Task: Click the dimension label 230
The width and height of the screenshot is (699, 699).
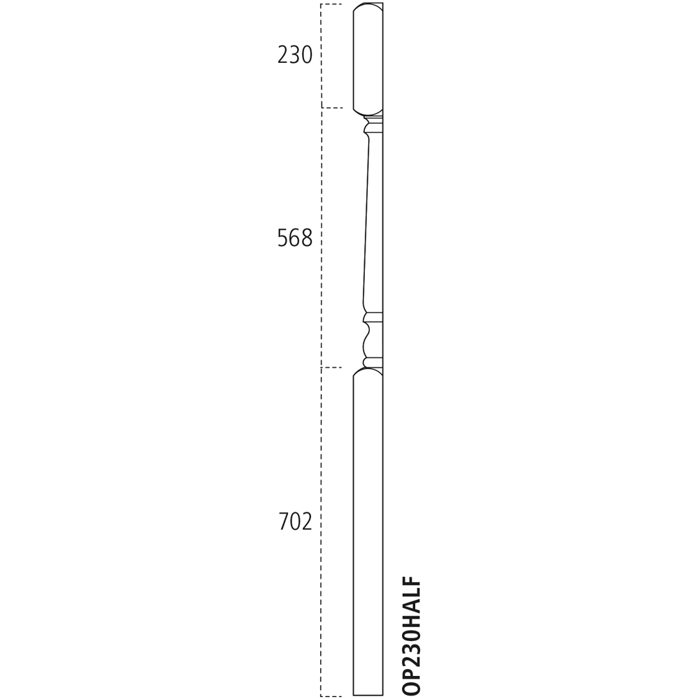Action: tap(294, 55)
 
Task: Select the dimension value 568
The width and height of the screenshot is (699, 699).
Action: tap(294, 239)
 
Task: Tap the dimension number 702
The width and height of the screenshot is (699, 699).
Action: tap(295, 522)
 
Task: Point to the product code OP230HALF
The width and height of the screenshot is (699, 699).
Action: tap(412, 635)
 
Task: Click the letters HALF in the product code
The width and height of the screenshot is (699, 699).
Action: tap(412, 602)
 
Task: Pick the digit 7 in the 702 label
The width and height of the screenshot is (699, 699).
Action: tap(284, 522)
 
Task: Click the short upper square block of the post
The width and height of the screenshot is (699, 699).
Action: tap(368, 59)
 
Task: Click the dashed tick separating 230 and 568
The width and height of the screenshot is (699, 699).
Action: tap(332, 108)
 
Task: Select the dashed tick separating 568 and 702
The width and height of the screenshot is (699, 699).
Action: tap(331, 368)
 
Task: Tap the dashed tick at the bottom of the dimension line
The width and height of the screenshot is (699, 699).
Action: tap(331, 696)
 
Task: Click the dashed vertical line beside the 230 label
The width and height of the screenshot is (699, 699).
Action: tap(321, 56)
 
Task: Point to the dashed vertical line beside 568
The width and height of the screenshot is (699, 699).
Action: tap(321, 238)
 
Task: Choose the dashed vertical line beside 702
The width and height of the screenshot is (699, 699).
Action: tap(321, 531)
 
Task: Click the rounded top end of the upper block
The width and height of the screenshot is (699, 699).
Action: tap(368, 6)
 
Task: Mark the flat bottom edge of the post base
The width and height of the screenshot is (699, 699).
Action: tap(368, 696)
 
